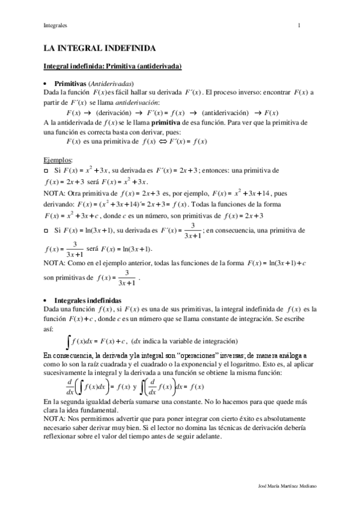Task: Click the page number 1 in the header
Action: (299, 25)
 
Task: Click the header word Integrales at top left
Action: (55, 25)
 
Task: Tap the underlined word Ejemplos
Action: (58, 160)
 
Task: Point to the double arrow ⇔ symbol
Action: (165, 141)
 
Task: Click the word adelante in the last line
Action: (206, 437)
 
